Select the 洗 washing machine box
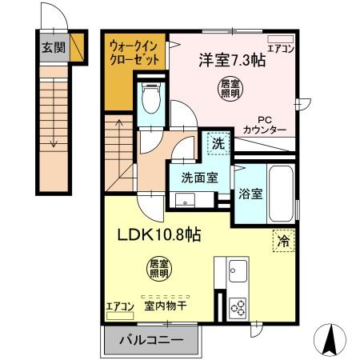tap(217, 145)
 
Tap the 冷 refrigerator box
tap(283, 238)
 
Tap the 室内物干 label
tap(165, 305)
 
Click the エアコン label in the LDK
tap(119, 305)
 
